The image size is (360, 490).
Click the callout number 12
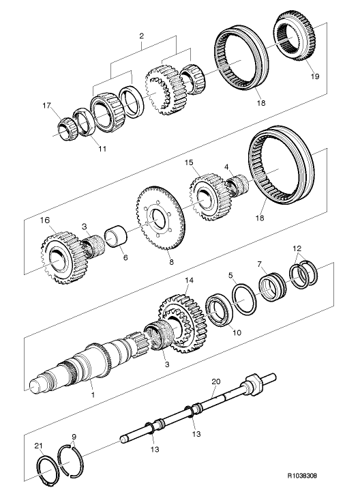point(296,248)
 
